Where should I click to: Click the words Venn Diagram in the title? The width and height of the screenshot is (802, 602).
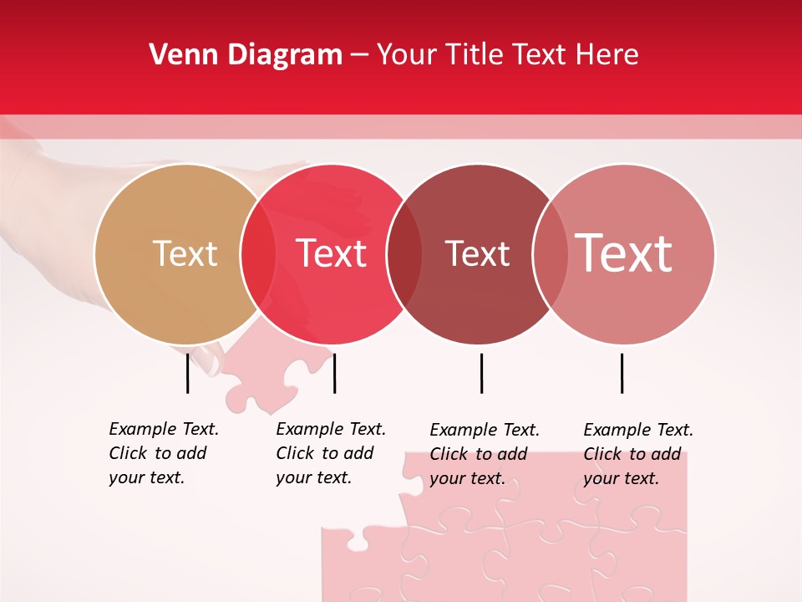click(246, 55)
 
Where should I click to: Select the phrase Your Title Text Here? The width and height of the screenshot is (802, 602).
click(507, 55)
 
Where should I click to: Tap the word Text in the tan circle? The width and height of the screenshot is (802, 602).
click(185, 253)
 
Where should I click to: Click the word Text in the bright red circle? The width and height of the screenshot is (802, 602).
click(332, 253)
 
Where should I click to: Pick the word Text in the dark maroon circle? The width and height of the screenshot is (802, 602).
click(477, 253)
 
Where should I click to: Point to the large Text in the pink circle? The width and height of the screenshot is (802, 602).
click(624, 253)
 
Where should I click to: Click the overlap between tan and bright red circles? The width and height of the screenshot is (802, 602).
click(258, 254)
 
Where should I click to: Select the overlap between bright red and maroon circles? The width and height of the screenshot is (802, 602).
click(404, 254)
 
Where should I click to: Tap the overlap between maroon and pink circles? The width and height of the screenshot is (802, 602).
click(551, 254)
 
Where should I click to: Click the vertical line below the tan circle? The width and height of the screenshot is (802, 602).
click(188, 372)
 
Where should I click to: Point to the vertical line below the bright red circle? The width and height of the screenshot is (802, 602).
click(334, 372)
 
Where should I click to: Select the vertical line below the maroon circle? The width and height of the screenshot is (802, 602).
click(481, 372)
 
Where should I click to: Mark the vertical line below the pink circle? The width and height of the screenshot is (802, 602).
click(622, 372)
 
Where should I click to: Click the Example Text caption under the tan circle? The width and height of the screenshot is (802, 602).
click(163, 453)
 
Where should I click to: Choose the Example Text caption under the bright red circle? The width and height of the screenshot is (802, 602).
click(330, 453)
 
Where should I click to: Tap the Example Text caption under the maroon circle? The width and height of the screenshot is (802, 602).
click(484, 454)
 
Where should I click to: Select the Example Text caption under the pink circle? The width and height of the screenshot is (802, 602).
click(637, 454)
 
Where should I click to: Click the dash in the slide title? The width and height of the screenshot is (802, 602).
click(359, 56)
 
